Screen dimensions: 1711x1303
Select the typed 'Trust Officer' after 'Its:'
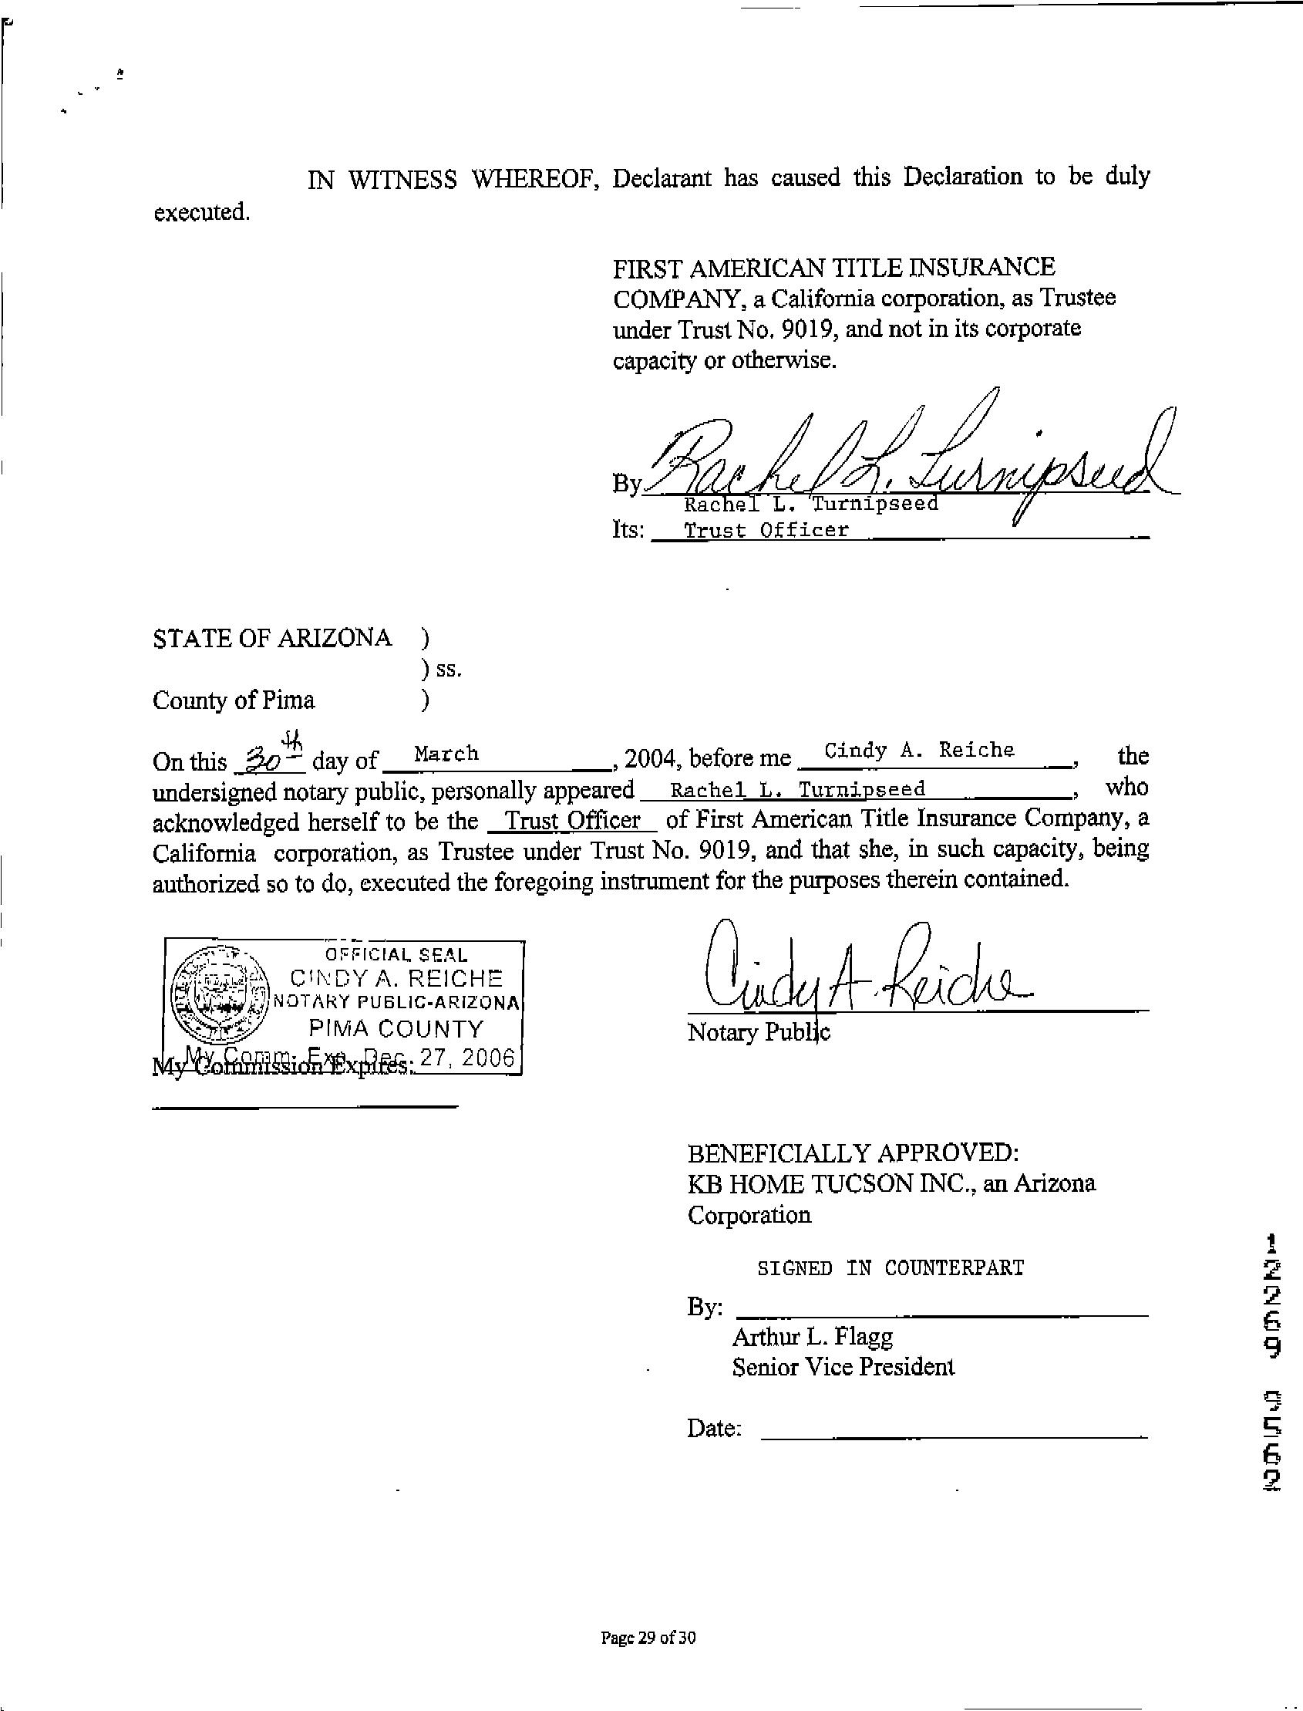[x=766, y=531]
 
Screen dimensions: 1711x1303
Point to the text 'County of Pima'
[x=234, y=700]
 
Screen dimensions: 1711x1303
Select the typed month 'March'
[x=446, y=754]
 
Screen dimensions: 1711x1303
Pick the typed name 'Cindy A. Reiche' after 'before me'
[x=918, y=751]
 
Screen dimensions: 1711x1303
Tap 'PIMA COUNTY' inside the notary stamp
[x=396, y=1029]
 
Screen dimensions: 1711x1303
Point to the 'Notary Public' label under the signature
[x=759, y=1033]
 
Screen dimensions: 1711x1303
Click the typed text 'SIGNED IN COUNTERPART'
[x=890, y=1268]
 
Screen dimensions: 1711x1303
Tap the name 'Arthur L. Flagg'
[x=812, y=1336]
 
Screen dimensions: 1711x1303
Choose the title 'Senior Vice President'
[x=843, y=1367]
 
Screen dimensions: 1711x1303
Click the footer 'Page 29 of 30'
[x=648, y=1638]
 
